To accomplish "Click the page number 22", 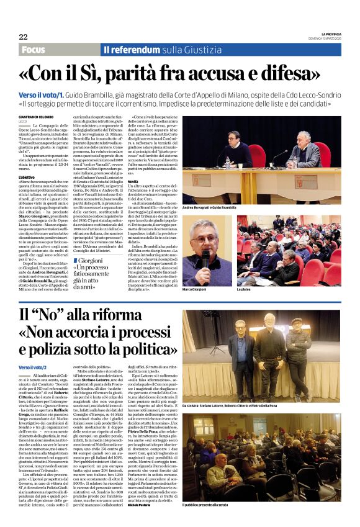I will tap(23, 37).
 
